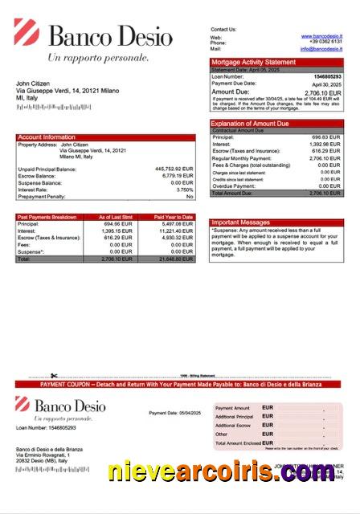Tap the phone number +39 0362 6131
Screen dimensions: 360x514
click(326, 43)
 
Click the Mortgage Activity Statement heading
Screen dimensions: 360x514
click(253, 62)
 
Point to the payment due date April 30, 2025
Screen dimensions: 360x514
click(326, 84)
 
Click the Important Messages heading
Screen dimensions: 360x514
click(240, 222)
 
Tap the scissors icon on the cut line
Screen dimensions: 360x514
click(53, 375)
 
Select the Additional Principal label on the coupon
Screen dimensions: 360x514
click(234, 417)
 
